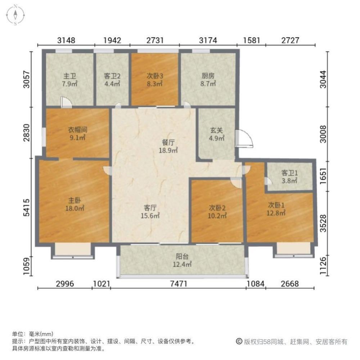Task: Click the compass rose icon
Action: point(15,15)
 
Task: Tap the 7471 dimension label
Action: point(179,284)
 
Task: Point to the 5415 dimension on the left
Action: point(27,207)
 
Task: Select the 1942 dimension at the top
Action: point(112,40)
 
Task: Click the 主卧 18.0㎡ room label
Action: point(75,204)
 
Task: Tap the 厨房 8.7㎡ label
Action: point(208,80)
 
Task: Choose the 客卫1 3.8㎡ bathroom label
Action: point(289,176)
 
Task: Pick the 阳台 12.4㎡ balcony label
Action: point(182,260)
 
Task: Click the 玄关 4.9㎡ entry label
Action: point(216,134)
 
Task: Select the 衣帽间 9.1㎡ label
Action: point(77,134)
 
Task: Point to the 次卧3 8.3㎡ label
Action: point(155,80)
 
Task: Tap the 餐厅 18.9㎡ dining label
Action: point(168,146)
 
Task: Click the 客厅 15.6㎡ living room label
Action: point(150,211)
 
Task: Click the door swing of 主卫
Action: point(66,102)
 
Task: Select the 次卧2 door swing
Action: point(236,183)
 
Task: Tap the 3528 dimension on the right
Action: point(323,223)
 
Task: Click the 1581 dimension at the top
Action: point(251,40)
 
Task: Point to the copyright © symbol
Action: point(239,341)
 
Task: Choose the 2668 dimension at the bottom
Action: point(290,284)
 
